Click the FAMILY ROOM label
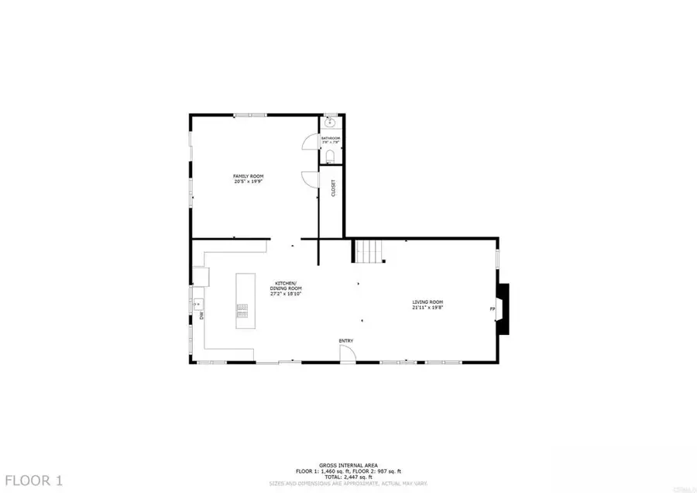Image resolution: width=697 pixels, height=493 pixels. click(x=249, y=177)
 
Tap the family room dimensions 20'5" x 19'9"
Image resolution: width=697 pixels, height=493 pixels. click(x=249, y=182)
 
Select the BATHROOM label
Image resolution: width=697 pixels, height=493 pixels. click(x=331, y=138)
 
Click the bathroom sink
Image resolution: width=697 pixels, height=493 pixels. click(x=331, y=122)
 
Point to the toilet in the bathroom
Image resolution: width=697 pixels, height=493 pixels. click(x=331, y=157)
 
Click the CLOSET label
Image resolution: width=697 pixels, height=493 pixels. click(x=334, y=188)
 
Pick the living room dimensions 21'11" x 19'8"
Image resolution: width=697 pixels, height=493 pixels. click(x=427, y=308)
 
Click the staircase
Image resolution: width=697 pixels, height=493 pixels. click(x=369, y=251)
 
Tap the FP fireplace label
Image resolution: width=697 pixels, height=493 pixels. click(x=492, y=309)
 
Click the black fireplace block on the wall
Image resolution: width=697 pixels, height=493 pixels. click(x=504, y=309)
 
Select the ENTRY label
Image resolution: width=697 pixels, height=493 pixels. click(x=346, y=340)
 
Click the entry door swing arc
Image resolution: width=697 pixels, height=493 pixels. click(x=348, y=353)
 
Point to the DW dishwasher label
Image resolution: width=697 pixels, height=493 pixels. click(x=201, y=315)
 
